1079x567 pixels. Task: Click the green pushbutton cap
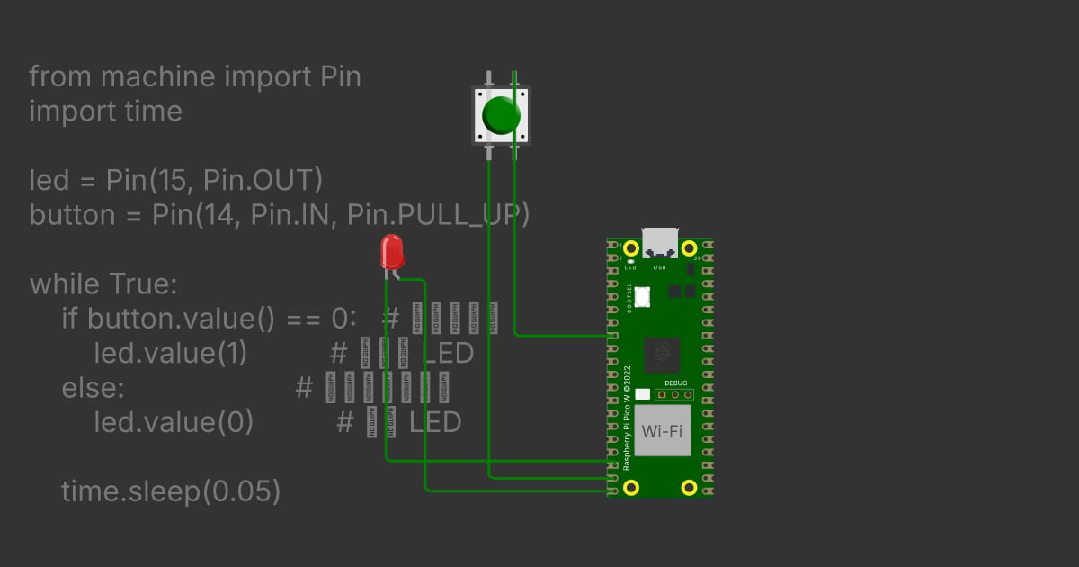501,115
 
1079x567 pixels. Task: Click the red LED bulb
392,251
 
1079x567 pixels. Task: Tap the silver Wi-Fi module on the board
662,430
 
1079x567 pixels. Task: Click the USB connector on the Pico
660,242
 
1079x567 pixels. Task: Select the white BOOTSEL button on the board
643,296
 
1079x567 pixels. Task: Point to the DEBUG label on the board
674,382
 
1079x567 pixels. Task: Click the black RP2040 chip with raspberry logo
663,352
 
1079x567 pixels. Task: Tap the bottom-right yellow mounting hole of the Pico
689,488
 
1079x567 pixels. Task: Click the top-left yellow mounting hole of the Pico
631,247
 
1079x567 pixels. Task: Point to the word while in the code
66,284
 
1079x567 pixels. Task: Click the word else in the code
92,388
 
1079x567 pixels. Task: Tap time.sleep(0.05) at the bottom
171,491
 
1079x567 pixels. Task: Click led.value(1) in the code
170,353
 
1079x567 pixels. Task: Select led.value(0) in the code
173,421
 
